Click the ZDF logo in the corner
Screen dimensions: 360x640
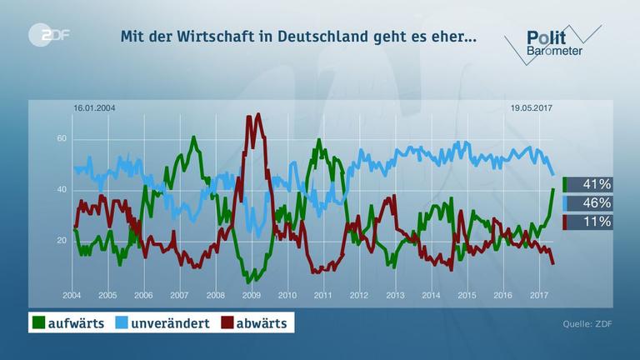(x=48, y=36)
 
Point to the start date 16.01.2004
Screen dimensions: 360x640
(x=94, y=107)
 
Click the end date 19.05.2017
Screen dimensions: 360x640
(x=532, y=107)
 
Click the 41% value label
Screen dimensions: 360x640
(x=597, y=184)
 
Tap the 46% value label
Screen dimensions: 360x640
(x=597, y=203)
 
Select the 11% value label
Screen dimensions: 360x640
(x=597, y=222)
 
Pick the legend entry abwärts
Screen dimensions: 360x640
(x=258, y=322)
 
